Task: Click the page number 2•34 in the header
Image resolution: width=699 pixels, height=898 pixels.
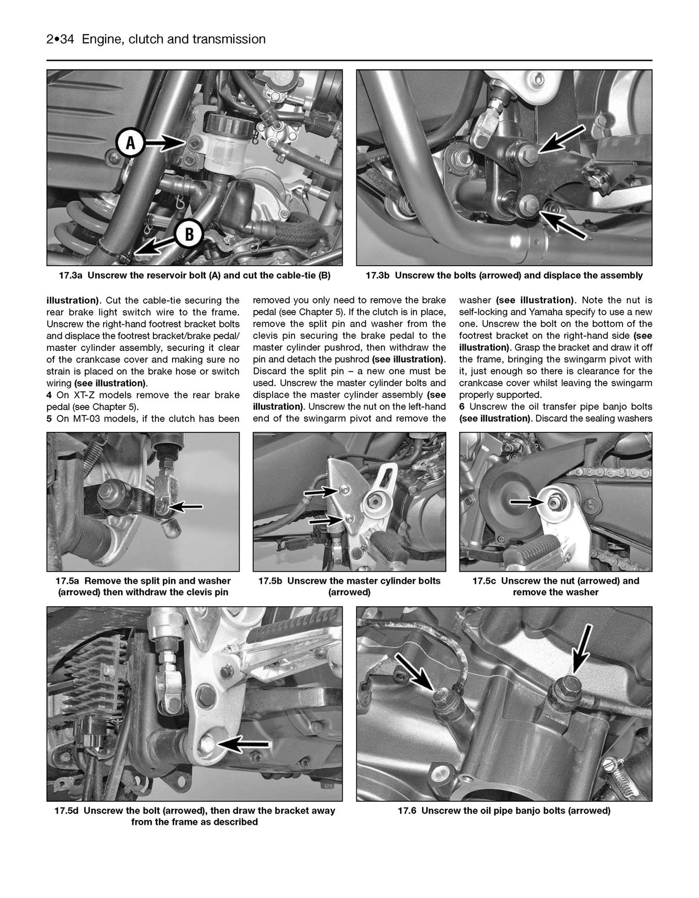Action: [x=61, y=39]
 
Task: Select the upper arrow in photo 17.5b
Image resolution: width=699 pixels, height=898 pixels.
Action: [x=321, y=492]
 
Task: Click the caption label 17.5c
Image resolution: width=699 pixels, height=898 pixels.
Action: [x=485, y=581]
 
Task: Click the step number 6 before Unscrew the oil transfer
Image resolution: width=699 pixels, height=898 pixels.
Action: [x=462, y=407]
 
